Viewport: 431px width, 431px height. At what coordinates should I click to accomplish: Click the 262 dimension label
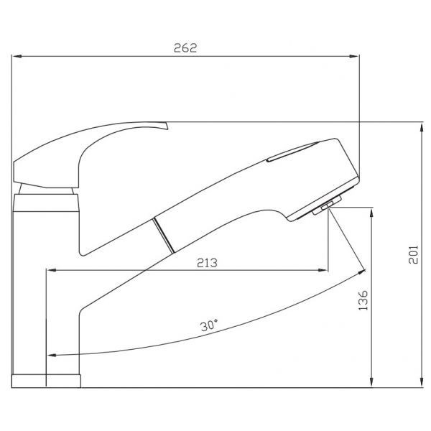pyautogui.click(x=185, y=48)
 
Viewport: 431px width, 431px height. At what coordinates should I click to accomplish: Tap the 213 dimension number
pyautogui.click(x=207, y=263)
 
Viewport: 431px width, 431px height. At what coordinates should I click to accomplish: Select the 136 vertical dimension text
pyautogui.click(x=363, y=300)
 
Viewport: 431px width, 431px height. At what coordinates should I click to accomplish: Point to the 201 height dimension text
pyautogui.click(x=413, y=254)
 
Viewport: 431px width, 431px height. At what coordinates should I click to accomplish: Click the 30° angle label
pyautogui.click(x=209, y=325)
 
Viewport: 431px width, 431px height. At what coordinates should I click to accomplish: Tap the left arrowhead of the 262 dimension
pyautogui.click(x=17, y=56)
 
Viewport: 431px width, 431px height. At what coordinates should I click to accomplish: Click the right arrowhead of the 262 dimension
pyautogui.click(x=353, y=56)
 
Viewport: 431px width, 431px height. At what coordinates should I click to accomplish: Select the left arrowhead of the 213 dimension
pyautogui.click(x=52, y=270)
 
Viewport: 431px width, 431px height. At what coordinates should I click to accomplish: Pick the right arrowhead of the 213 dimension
pyautogui.click(x=323, y=270)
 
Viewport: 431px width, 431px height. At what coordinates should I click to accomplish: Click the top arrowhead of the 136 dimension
pyautogui.click(x=371, y=213)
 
